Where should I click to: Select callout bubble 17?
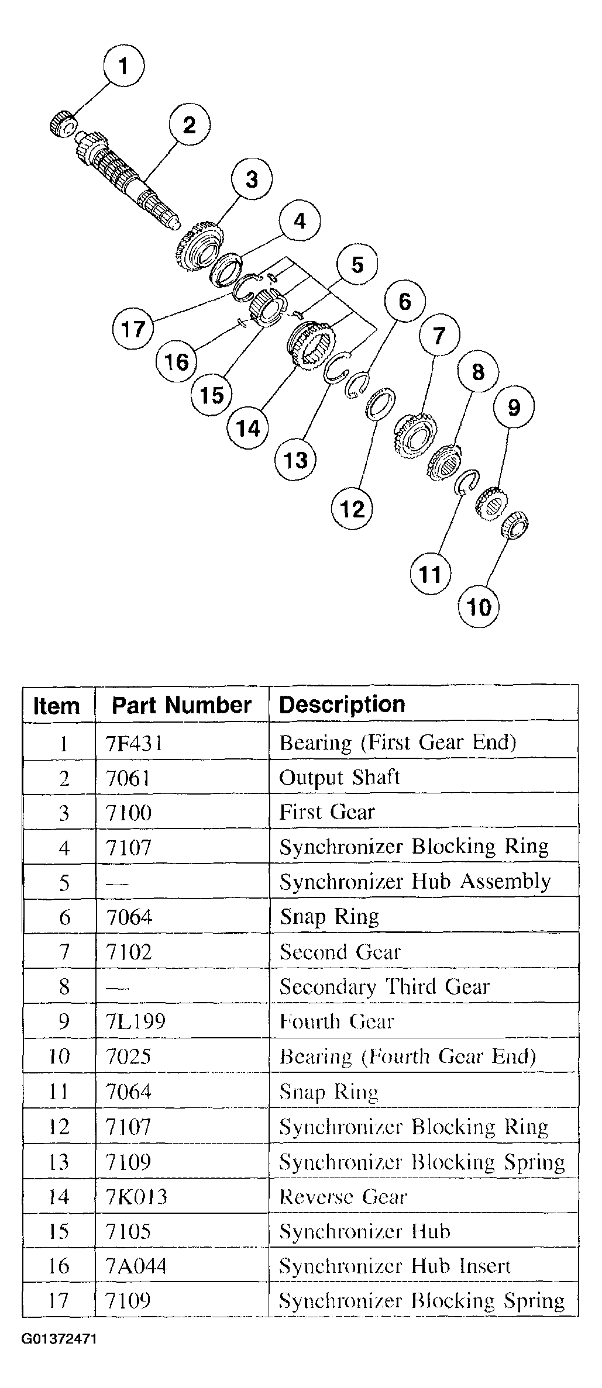tap(132, 329)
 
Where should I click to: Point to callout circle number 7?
tap(439, 336)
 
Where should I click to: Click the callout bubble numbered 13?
tap(295, 460)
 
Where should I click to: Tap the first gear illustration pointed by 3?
tap(199, 247)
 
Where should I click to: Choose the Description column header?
tap(342, 705)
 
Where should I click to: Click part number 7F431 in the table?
tap(134, 743)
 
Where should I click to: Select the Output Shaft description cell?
tap(339, 777)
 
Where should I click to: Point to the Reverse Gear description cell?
tap(342, 1196)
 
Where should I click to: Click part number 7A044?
tap(136, 1266)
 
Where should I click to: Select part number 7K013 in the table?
tap(136, 1196)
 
